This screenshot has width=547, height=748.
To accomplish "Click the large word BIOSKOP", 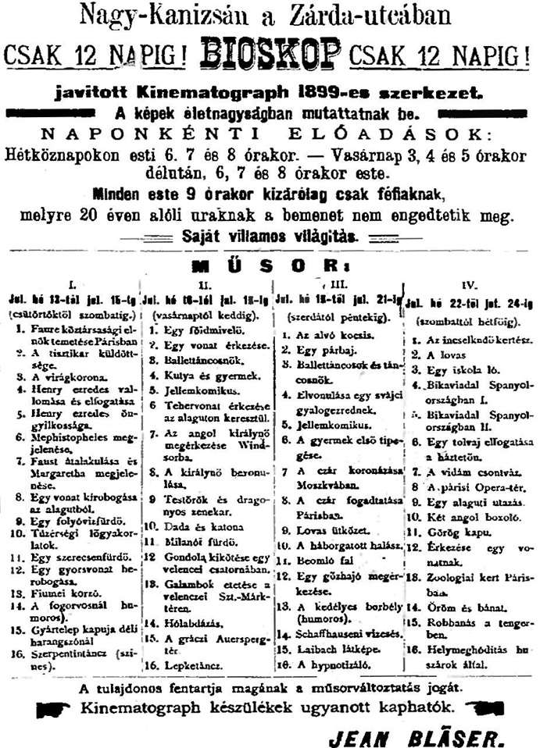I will click(270, 54).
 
